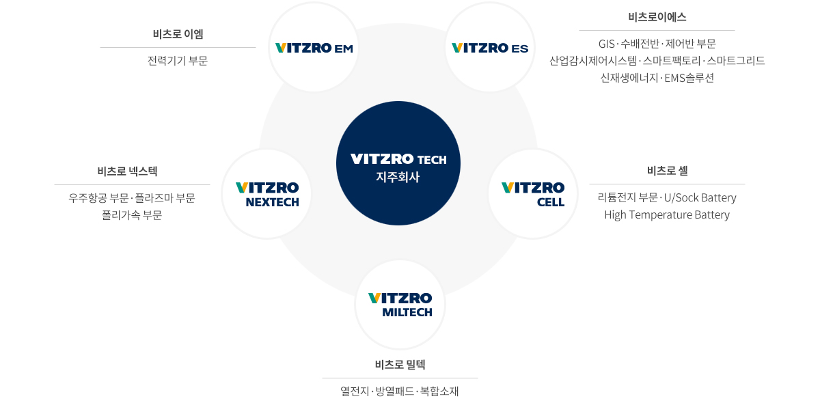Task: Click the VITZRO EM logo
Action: click(314, 48)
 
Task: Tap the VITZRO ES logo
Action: click(490, 48)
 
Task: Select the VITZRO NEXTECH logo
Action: click(267, 195)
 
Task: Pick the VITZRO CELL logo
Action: click(533, 195)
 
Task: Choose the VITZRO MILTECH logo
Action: click(400, 305)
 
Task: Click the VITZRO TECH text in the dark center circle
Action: click(398, 159)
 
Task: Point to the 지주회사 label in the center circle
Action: click(398, 177)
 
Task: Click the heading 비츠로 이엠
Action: click(178, 34)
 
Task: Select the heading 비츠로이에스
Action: click(657, 17)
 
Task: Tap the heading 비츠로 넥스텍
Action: click(127, 171)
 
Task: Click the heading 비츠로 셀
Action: click(668, 171)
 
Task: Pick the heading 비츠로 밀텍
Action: click(400, 365)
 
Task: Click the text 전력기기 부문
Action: click(178, 60)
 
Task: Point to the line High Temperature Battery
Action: click(667, 215)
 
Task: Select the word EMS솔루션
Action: click(689, 78)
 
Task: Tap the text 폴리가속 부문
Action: click(132, 215)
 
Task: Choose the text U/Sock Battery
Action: click(700, 197)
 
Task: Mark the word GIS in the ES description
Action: click(606, 44)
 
